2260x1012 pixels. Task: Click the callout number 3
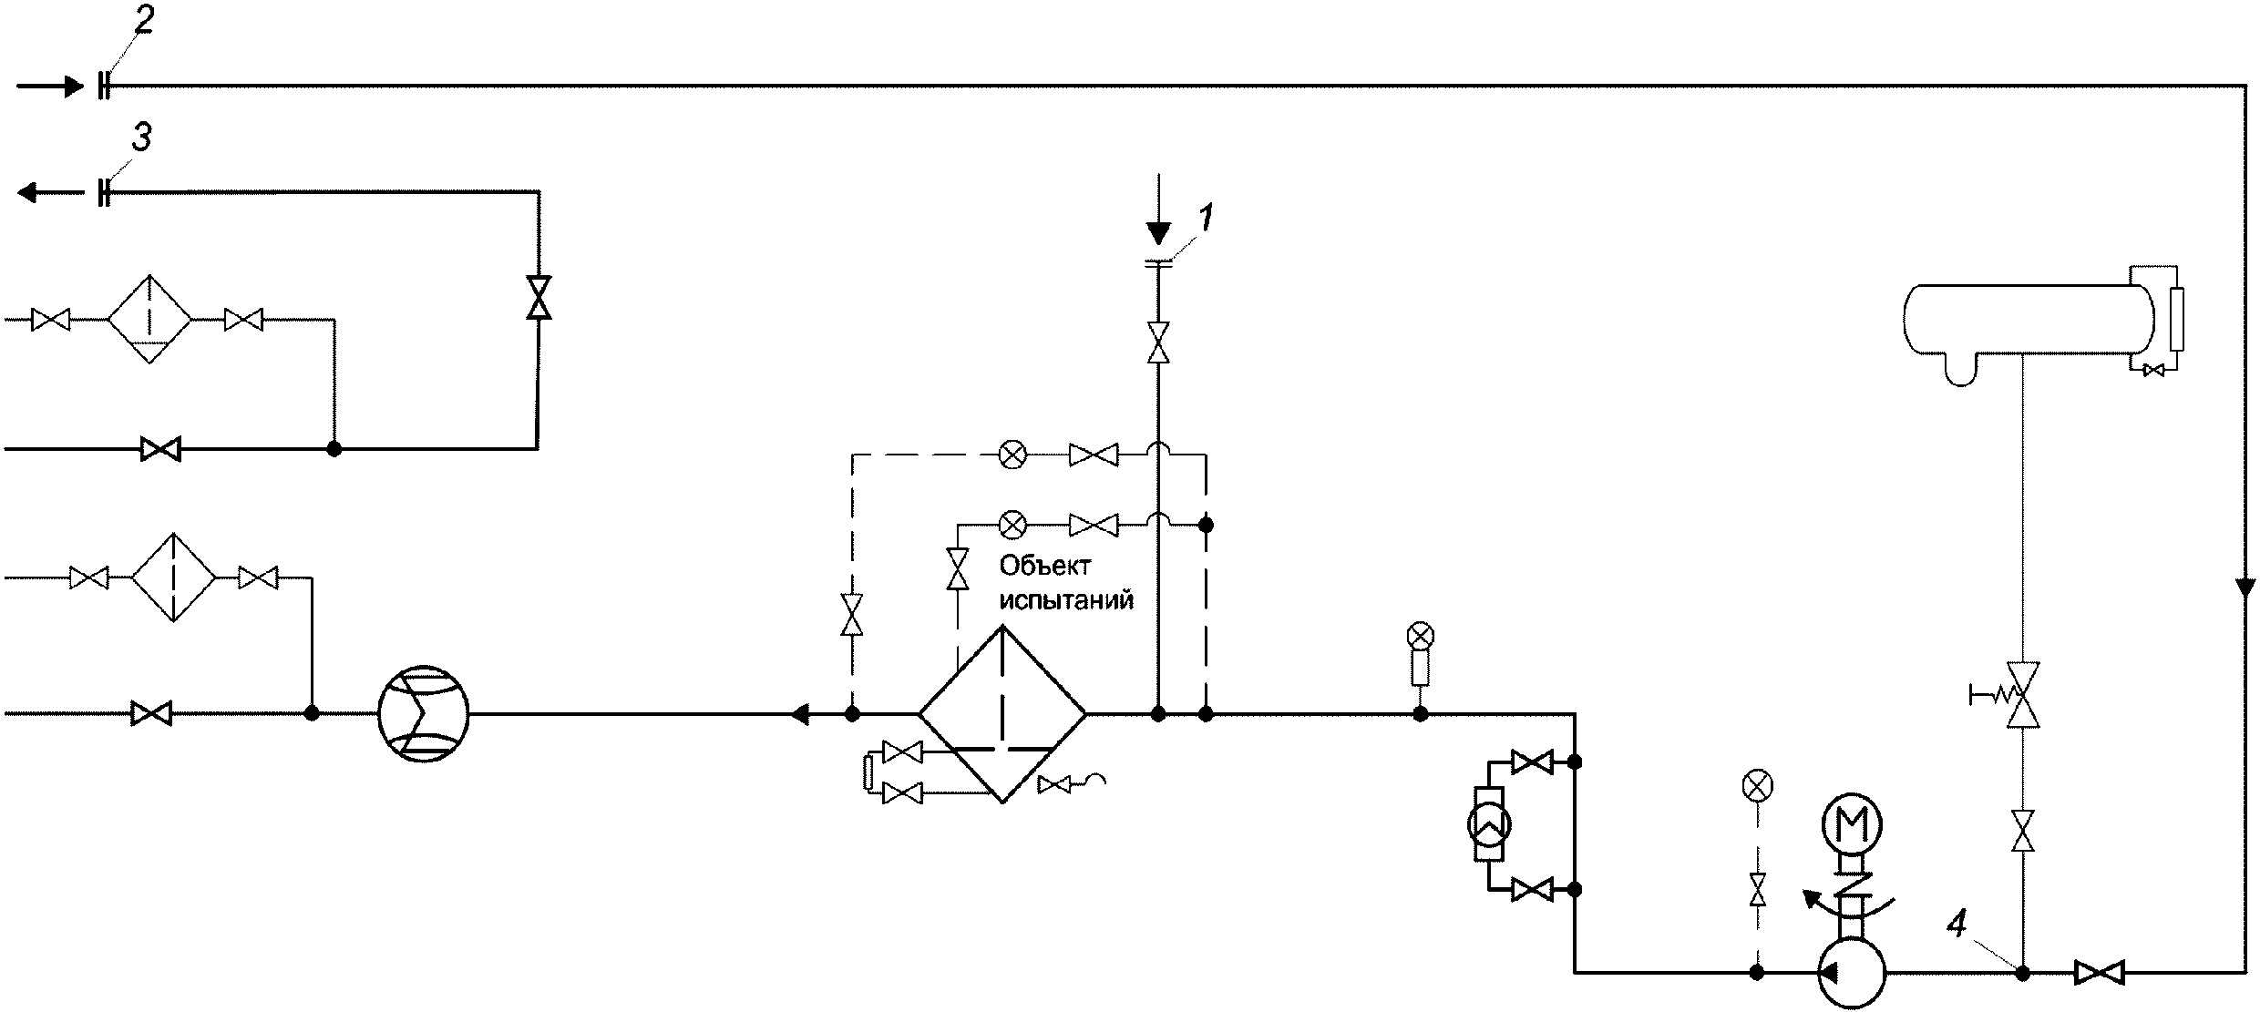click(141, 138)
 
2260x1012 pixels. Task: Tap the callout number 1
click(1205, 219)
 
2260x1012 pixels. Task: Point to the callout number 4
click(1956, 925)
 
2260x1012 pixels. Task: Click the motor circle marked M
click(1851, 826)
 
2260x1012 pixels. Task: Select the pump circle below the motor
click(1851, 973)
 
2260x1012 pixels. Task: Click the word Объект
click(1045, 566)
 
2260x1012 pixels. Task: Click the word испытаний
click(1066, 600)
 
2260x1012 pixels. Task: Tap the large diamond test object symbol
click(1002, 714)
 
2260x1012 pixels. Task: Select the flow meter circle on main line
click(423, 714)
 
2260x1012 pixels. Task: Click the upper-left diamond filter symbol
click(150, 320)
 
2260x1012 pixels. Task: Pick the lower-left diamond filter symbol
click(173, 578)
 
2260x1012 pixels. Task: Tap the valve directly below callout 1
click(1158, 342)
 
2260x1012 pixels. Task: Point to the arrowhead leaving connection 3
click(27, 192)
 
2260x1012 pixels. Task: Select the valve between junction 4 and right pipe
click(2099, 972)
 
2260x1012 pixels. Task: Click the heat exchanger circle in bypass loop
click(1489, 825)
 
